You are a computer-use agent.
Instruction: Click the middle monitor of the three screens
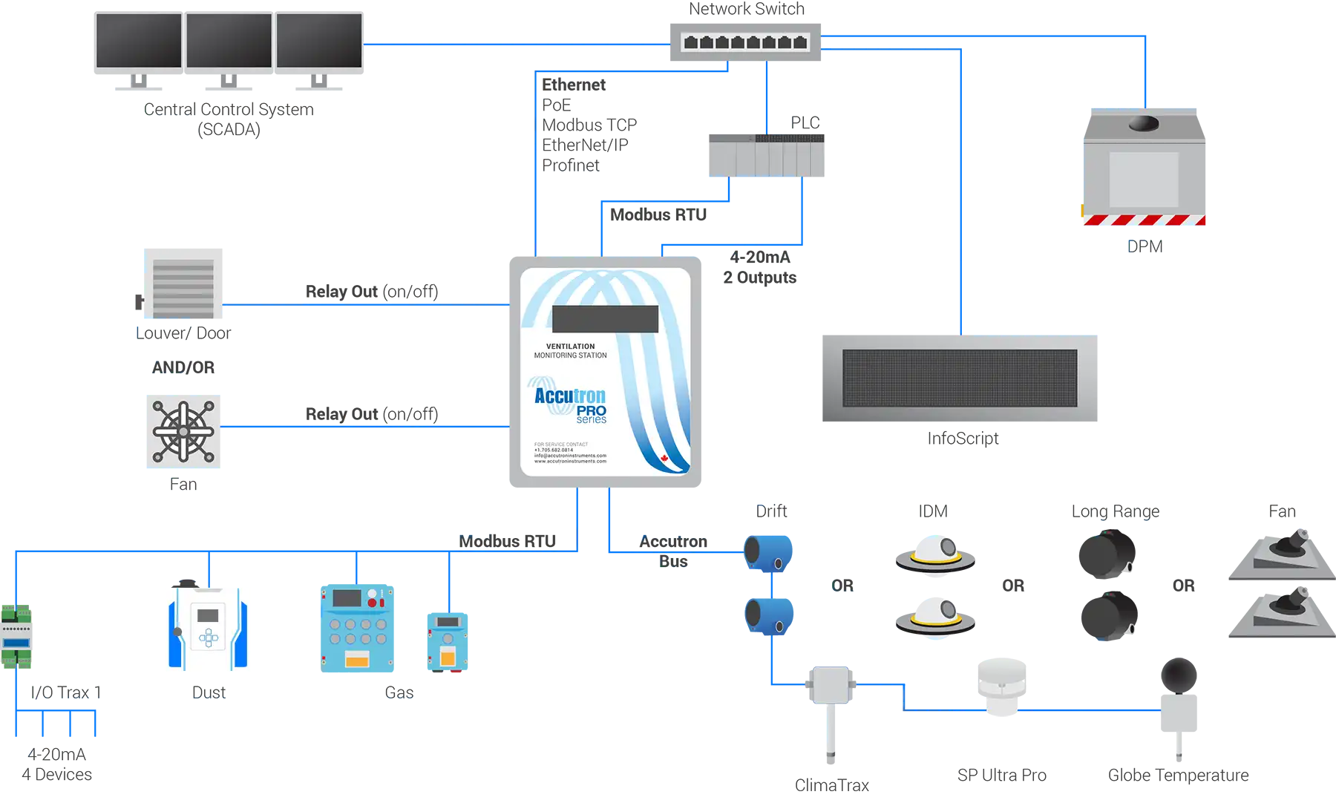pyautogui.click(x=229, y=41)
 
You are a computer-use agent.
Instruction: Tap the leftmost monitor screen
pyautogui.click(x=139, y=41)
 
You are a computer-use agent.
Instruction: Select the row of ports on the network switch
pyautogui.click(x=744, y=42)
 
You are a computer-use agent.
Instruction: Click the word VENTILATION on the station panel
pyautogui.click(x=570, y=347)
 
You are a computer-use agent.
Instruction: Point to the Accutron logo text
pyautogui.click(x=570, y=396)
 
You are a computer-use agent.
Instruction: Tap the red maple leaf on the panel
pyautogui.click(x=664, y=458)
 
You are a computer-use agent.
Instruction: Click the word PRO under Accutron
pyautogui.click(x=592, y=410)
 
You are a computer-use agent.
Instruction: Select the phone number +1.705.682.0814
pyautogui.click(x=554, y=450)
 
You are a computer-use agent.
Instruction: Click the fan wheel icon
pyautogui.click(x=183, y=431)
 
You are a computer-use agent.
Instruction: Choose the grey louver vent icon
pyautogui.click(x=183, y=288)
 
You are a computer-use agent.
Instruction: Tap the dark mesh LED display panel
pyautogui.click(x=959, y=379)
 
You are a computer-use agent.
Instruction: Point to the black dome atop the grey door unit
pyautogui.click(x=1143, y=122)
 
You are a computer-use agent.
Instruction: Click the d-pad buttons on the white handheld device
pyautogui.click(x=209, y=637)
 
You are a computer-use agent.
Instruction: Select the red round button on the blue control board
pyautogui.click(x=372, y=603)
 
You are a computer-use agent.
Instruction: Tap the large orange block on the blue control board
pyautogui.click(x=357, y=659)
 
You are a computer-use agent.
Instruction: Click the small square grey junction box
pyautogui.click(x=830, y=685)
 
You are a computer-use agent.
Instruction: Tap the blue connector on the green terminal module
pyautogui.click(x=16, y=641)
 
